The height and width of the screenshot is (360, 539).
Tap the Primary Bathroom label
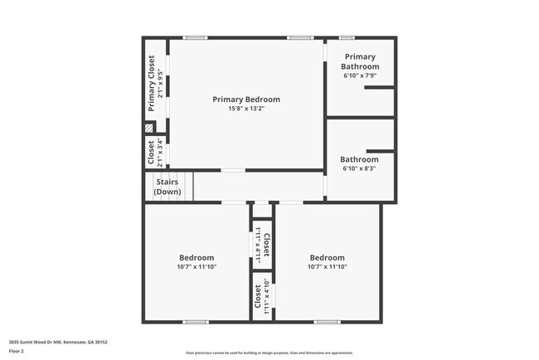[x=360, y=62]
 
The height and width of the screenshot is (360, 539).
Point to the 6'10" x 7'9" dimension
[x=360, y=75]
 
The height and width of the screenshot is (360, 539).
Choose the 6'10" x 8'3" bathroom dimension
[x=360, y=168]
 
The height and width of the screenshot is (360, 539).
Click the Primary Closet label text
[x=151, y=83]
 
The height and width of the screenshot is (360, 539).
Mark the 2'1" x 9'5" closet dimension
[x=160, y=83]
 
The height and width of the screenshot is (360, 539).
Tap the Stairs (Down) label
[x=167, y=187]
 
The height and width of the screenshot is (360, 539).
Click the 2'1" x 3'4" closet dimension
[x=160, y=153]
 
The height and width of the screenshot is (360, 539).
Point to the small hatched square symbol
[x=150, y=129]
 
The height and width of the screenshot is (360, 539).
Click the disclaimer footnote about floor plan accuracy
[x=269, y=353]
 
